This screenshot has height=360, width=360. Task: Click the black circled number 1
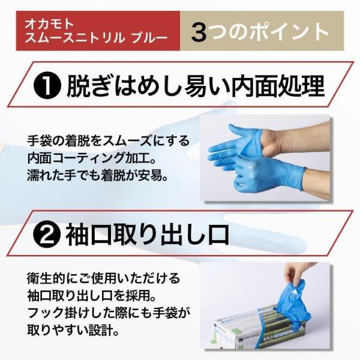click(x=47, y=85)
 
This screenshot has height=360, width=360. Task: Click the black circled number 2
click(x=47, y=235)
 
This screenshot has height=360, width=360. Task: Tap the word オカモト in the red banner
click(x=49, y=24)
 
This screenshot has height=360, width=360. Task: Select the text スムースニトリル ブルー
click(x=96, y=37)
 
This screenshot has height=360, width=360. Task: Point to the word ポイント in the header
click(x=289, y=31)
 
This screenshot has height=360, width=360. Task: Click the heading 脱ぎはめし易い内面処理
click(x=196, y=85)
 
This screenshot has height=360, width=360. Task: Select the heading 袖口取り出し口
click(x=148, y=235)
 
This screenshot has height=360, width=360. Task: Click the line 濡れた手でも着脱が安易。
click(x=97, y=175)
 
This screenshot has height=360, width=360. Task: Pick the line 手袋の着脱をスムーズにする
click(x=108, y=141)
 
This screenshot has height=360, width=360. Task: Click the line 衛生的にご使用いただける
click(x=103, y=278)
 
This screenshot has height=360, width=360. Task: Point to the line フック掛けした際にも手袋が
click(x=108, y=313)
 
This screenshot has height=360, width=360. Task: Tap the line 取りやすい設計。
click(x=73, y=330)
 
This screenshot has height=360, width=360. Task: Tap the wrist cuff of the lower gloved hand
click(x=303, y=179)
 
